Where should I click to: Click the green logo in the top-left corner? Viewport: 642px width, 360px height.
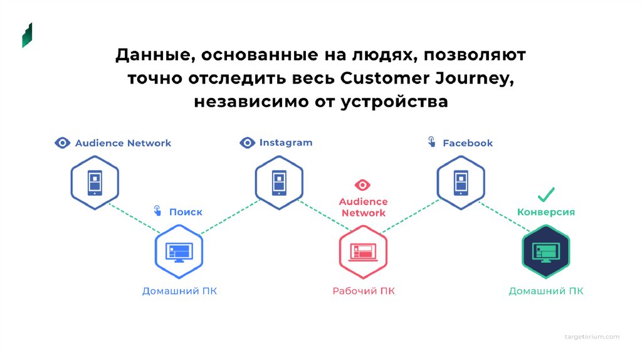click(27, 35)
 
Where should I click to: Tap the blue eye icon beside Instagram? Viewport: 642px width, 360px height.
click(248, 143)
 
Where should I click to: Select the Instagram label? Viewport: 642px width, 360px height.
click(285, 143)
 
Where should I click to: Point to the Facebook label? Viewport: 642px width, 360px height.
click(468, 143)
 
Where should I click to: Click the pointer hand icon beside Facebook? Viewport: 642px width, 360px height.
click(431, 142)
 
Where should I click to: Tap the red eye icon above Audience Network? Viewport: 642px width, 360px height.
click(362, 185)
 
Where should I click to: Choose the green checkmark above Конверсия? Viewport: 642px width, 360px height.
click(546, 194)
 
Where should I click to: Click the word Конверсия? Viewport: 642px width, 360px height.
click(546, 212)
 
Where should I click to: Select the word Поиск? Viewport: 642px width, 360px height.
click(186, 212)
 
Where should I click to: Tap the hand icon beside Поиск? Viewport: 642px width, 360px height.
click(157, 211)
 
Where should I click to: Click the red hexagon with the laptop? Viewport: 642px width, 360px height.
click(363, 251)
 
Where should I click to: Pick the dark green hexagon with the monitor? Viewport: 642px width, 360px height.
click(545, 251)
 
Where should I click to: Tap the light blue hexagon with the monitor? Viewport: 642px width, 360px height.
click(179, 251)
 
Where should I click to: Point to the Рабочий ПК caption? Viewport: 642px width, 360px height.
click(364, 291)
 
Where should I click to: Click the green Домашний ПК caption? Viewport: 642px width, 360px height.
click(545, 291)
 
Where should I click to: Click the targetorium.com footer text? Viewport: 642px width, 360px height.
click(591, 337)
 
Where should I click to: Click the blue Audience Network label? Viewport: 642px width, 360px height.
click(123, 143)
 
